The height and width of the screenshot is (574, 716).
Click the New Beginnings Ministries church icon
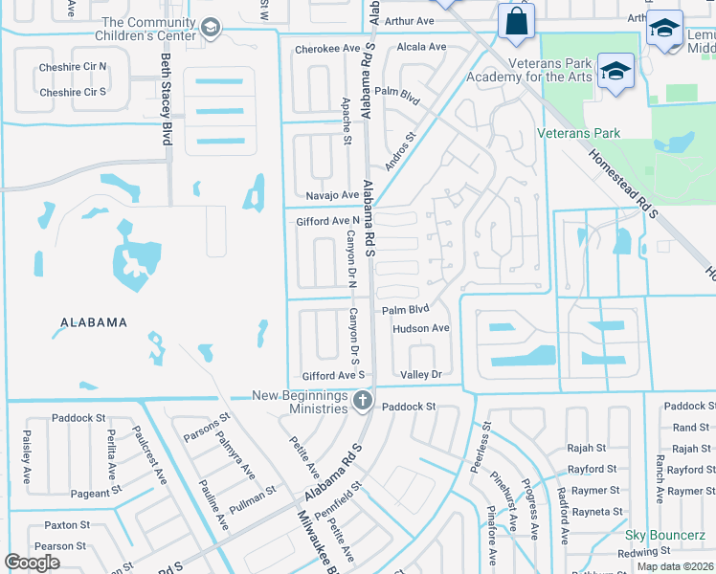click(362, 400)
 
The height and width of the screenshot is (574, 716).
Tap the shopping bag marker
click(515, 21)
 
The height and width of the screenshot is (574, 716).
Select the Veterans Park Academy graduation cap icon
click(615, 70)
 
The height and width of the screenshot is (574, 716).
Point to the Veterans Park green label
click(578, 134)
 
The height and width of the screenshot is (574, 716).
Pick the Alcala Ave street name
click(421, 47)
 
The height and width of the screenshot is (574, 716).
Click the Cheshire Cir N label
click(72, 68)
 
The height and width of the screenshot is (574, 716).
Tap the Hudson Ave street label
click(420, 328)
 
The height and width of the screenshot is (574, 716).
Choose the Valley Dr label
click(421, 375)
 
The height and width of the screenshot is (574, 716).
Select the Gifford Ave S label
click(333, 376)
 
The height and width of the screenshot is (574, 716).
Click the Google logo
click(33, 563)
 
